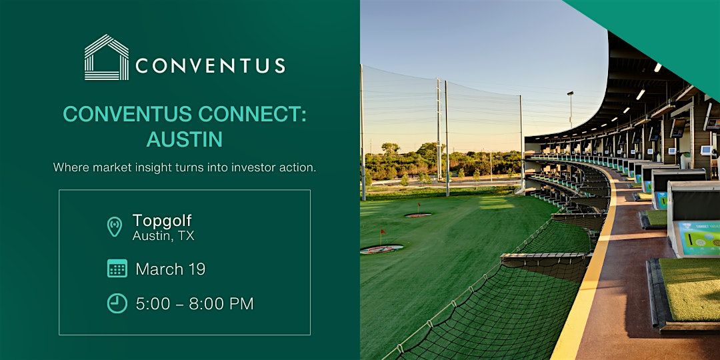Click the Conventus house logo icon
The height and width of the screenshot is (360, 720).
coord(107,57)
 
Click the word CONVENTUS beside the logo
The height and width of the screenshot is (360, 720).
coord(210,65)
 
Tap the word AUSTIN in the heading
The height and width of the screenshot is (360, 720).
coord(185,139)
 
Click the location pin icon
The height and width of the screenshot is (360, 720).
coord(115,227)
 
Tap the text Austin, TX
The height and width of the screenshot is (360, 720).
coord(163,236)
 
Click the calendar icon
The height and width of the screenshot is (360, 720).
coord(117,269)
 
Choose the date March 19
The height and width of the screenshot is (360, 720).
coord(171,269)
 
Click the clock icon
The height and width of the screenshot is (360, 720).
coord(117,303)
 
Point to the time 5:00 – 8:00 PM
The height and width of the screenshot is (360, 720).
coord(195,303)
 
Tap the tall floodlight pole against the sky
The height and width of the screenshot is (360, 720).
coord(570,109)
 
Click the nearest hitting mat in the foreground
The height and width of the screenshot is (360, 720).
coord(689,290)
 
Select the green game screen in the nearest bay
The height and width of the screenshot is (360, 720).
coord(699,238)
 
